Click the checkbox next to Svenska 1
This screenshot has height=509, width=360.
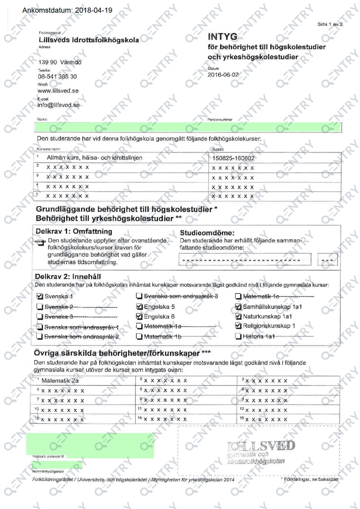39,296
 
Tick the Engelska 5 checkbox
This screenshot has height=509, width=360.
139,307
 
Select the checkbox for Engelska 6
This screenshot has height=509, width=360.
139,316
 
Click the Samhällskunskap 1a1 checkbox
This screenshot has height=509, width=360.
238,307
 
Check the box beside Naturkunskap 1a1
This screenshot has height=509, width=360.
238,316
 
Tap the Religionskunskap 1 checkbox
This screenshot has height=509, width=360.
238,326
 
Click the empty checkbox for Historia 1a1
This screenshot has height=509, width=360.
238,336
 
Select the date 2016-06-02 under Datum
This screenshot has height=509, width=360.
223,75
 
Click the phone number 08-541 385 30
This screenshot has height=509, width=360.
57,76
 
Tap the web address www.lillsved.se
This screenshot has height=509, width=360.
58,91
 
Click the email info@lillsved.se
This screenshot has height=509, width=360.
58,105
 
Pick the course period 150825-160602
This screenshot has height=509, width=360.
233,158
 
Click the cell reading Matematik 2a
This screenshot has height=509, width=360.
60,381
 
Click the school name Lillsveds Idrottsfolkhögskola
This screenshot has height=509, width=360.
89,40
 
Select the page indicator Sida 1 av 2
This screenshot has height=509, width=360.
330,24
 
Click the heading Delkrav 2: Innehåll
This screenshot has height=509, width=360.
68,277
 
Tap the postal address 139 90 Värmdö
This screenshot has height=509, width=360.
60,62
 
